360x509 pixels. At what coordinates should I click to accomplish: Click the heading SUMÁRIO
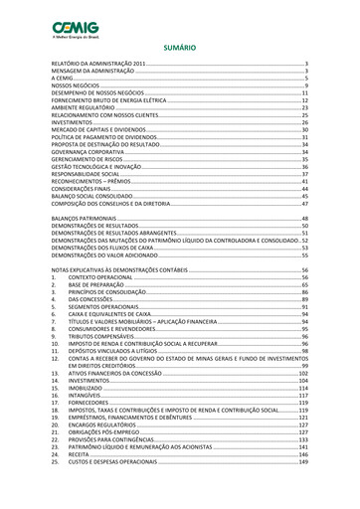click(180, 46)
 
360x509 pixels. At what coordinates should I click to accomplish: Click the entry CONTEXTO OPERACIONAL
click(105, 277)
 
